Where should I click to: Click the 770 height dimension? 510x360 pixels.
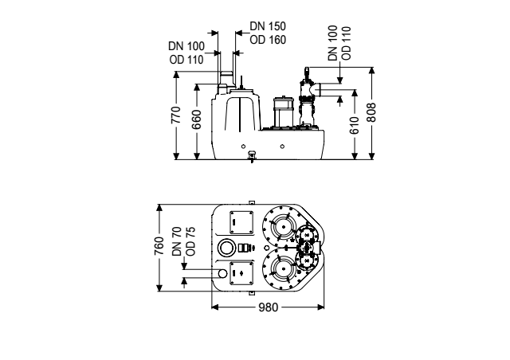pos(176,115)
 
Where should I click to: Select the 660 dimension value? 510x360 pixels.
pos(197,119)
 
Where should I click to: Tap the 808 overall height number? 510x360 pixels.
pos(371,112)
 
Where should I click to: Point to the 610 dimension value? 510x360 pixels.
pos(355,125)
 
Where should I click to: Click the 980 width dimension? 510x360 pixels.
pos(269,307)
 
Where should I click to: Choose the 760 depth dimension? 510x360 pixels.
pos(159,246)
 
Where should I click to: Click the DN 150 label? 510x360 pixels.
pos(268,26)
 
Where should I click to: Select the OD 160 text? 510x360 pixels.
pos(268,40)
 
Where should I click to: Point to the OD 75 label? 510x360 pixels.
pos(191,241)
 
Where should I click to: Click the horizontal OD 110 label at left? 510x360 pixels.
pos(186,60)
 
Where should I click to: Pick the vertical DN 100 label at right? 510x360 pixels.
pos(333,43)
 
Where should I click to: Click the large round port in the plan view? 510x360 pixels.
pos(226,248)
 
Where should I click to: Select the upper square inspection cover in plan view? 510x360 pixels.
pos(241,222)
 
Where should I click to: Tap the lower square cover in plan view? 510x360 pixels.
pos(241,273)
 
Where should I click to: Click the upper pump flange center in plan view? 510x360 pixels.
pos(284,227)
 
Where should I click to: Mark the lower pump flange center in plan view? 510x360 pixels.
pos(284,269)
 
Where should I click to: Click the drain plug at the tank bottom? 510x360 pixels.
pos(252,156)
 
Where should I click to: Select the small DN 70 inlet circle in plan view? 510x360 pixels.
pos(222,273)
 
